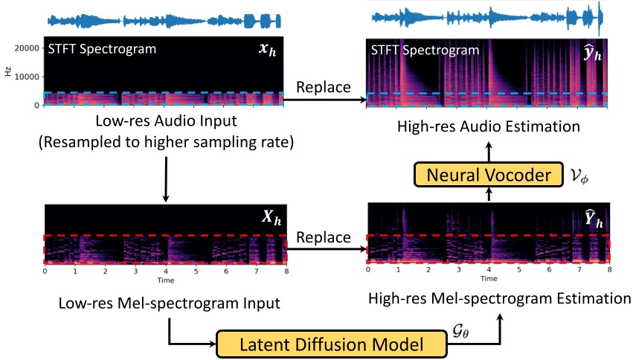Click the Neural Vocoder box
tap(488, 176)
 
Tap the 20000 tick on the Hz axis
tap(27, 48)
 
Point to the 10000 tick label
tap(27, 77)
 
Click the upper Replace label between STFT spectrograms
tap(324, 87)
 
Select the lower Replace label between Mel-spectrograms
tap(324, 237)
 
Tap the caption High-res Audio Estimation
tap(488, 126)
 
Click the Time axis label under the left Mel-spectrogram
tap(164, 280)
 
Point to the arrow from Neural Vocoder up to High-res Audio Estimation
tap(488, 151)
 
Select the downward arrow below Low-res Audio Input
tap(164, 183)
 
